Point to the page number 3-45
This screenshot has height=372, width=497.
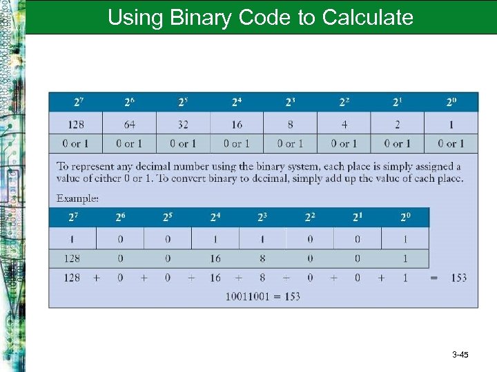pyautogui.click(x=460, y=355)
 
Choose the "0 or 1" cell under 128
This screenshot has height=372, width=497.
pyautogui.click(x=75, y=143)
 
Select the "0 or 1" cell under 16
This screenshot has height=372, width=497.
pyautogui.click(x=237, y=143)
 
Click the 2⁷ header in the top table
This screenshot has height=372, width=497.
pyautogui.click(x=81, y=102)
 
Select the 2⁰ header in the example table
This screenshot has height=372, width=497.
pyautogui.click(x=405, y=218)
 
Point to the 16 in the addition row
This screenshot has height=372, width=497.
pyautogui.click(x=215, y=278)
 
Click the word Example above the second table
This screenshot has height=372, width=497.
pyautogui.click(x=77, y=198)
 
